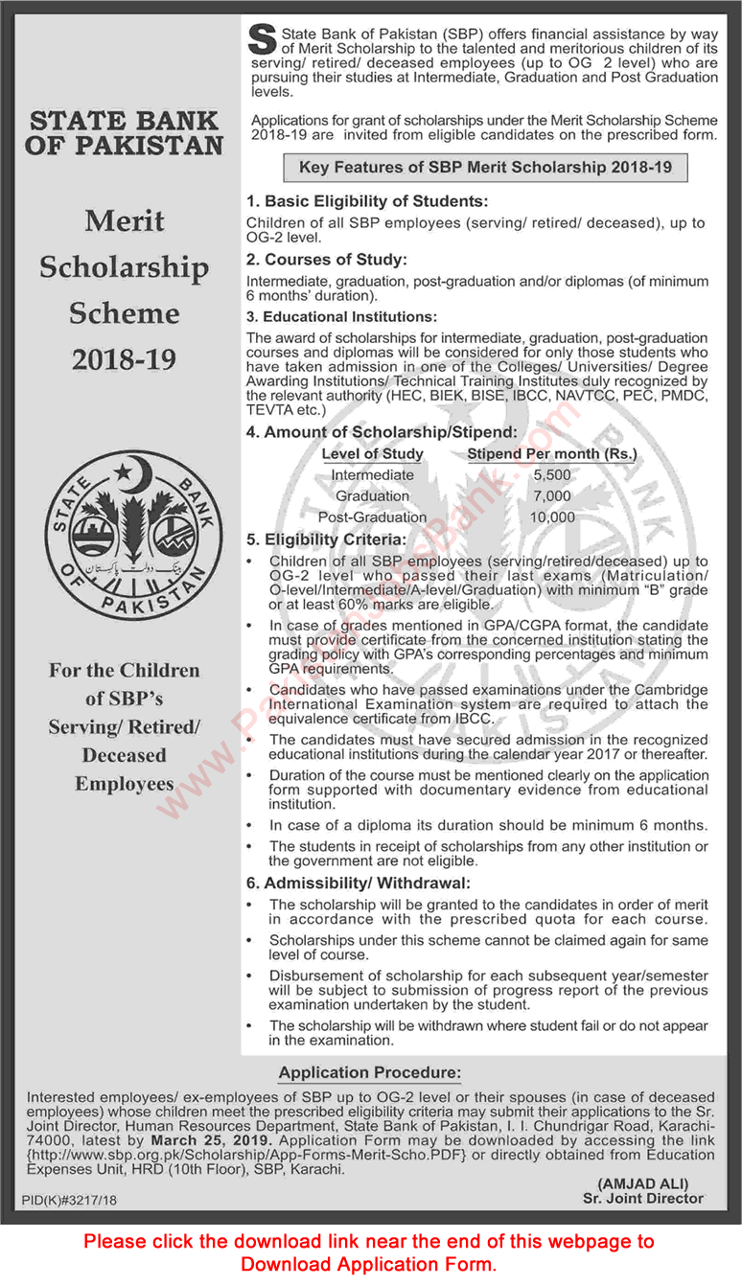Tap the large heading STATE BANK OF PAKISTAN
pos(124,134)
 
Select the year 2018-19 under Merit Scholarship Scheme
pos(124,358)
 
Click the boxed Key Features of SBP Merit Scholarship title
pos(485,168)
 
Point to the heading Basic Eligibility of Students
pos(367,202)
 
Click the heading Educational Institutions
pos(341,316)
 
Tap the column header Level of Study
pos(372,453)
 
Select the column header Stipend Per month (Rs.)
pos(551,453)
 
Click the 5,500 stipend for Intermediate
pos(551,475)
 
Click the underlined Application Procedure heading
pos(370,1072)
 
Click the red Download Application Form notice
pos(370,1252)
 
